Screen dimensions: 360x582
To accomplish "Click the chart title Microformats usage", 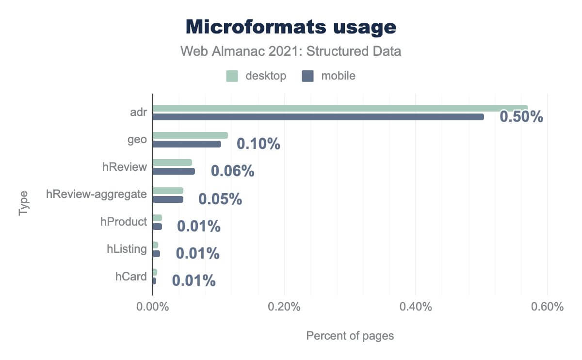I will (291, 27).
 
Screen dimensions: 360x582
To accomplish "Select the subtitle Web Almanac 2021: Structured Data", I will (291, 51).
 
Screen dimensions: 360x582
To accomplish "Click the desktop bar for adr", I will (339, 108).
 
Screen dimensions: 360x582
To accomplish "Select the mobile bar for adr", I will (318, 117).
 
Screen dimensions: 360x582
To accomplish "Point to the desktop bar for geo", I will (190, 135).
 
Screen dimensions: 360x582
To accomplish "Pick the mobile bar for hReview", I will (174, 171).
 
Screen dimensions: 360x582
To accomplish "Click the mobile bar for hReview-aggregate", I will (168, 199).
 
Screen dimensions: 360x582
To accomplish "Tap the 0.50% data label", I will (521, 117).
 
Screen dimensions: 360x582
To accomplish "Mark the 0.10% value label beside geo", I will (258, 144).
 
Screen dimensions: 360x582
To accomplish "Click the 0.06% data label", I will (232, 171).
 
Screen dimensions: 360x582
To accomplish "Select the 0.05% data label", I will (220, 199).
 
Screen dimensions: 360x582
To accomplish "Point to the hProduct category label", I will (123, 222).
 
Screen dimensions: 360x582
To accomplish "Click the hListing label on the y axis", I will (127, 249).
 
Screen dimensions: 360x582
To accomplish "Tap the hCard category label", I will (130, 277).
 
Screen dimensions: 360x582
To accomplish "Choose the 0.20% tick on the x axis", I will (285, 307).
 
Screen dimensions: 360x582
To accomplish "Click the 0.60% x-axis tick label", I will (547, 307).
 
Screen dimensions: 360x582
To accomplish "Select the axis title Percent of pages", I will (350, 336).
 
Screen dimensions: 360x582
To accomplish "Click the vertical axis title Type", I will (24, 204).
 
